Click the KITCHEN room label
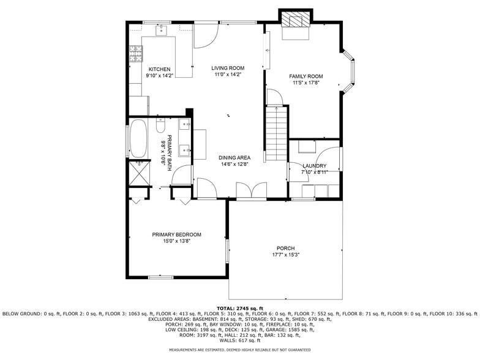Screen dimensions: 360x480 coord(159,69)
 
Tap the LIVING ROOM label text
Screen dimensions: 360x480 coord(228,68)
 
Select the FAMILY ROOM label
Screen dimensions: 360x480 coord(306,77)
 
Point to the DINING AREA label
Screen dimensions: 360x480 coord(235,157)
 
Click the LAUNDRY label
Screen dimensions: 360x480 coord(314,166)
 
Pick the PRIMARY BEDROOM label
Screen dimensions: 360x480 coord(176,234)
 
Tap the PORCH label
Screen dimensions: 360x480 coord(285,248)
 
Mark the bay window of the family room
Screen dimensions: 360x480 coord(350,72)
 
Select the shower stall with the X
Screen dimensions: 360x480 coord(140,173)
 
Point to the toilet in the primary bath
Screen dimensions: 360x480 coord(160,127)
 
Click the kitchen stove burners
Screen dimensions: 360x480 coord(134,56)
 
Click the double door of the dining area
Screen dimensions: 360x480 coord(251,191)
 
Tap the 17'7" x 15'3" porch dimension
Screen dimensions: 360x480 coord(285,255)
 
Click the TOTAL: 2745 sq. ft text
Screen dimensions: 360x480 coord(239,308)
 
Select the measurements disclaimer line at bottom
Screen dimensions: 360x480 coord(239,350)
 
